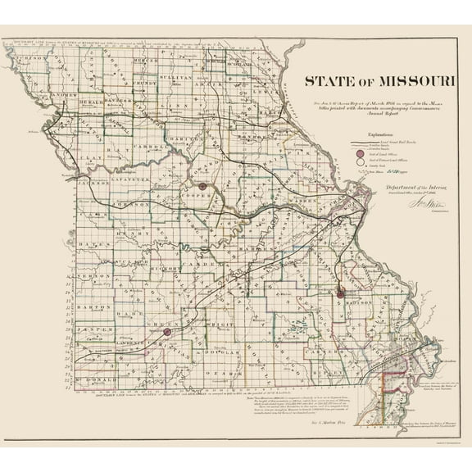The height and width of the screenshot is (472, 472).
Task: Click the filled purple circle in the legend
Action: click(x=350, y=153)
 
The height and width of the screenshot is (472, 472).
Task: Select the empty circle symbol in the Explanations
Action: click(x=350, y=163)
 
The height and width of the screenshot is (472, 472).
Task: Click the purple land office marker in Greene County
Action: click(x=167, y=332)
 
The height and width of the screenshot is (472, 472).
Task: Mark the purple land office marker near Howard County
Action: click(x=202, y=187)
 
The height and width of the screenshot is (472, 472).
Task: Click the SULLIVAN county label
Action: click(x=175, y=76)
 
